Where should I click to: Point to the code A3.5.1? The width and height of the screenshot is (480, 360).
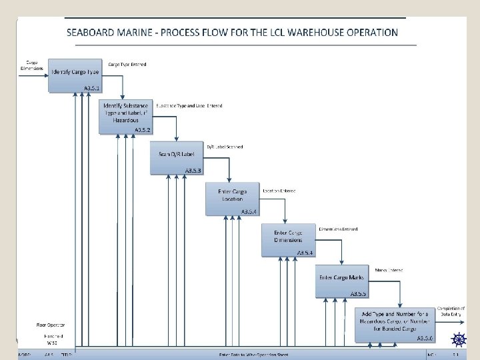93,89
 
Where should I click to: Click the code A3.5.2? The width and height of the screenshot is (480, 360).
143,129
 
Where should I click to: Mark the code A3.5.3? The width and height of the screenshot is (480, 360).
192,171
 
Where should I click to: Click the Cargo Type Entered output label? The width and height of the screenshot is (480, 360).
128,65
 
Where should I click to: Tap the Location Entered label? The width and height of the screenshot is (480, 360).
279,191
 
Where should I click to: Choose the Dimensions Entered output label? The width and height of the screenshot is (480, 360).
338,229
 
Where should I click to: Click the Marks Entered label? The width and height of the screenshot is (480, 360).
389,270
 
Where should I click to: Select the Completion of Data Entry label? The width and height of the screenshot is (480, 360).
451,311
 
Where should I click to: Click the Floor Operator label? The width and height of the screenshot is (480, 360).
51,325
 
